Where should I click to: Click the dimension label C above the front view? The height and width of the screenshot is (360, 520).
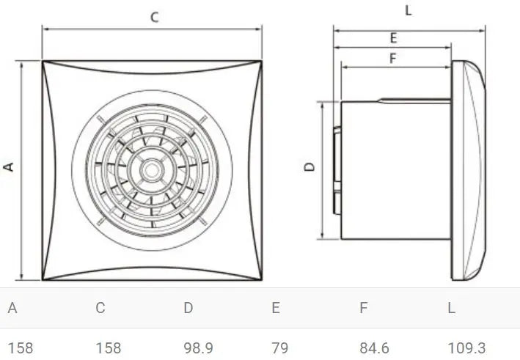tap(154, 18)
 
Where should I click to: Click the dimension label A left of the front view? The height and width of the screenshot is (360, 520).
tap(10, 167)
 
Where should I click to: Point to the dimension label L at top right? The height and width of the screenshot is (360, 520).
tap(408, 10)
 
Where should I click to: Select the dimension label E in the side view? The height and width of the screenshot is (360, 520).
tap(393, 38)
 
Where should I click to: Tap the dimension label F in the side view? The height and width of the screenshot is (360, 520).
tap(392, 59)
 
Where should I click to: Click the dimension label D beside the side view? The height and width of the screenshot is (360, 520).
tap(310, 167)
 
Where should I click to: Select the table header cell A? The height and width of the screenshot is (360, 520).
tap(12, 308)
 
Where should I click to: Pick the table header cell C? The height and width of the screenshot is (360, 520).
tap(100, 308)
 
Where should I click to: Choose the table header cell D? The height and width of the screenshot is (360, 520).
tap(188, 308)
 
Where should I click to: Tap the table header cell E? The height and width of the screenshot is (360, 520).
tap(276, 308)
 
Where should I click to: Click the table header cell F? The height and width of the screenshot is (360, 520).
tap(363, 308)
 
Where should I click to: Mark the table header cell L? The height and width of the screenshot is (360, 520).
tap(451, 308)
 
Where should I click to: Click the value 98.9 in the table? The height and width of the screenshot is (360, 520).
tap(198, 348)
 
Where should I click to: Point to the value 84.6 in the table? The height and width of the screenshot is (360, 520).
tap(374, 348)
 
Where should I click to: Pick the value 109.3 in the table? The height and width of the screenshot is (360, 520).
tap(466, 348)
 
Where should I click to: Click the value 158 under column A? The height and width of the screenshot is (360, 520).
tap(21, 348)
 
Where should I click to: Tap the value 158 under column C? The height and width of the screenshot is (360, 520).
tap(109, 348)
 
